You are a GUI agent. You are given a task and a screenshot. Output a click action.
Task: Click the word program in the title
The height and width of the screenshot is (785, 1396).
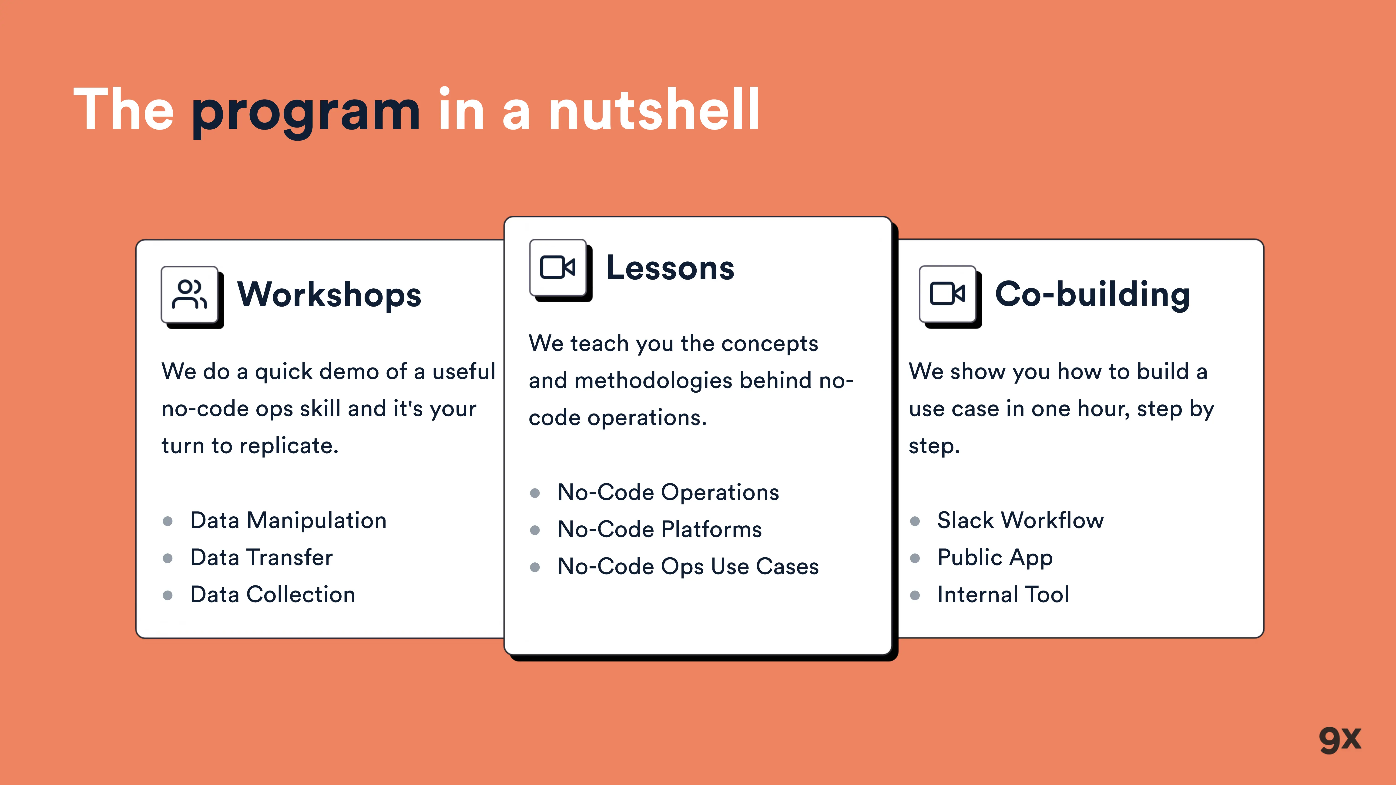click(306, 113)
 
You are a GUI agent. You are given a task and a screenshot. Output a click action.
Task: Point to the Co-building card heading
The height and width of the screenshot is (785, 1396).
click(1093, 295)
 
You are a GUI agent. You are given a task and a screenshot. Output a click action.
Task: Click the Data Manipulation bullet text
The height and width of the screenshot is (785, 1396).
click(288, 521)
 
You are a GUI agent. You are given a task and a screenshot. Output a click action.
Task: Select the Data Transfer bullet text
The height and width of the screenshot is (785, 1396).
click(261, 558)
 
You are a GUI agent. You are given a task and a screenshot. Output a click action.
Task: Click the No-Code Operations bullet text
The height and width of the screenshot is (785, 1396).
click(668, 492)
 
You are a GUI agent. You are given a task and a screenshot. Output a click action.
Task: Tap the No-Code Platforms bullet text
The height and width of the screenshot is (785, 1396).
click(660, 529)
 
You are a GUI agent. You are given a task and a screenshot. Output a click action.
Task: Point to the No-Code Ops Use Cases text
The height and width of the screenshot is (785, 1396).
click(688, 567)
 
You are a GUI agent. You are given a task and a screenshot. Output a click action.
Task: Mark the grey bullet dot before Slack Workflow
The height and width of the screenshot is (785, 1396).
click(915, 521)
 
